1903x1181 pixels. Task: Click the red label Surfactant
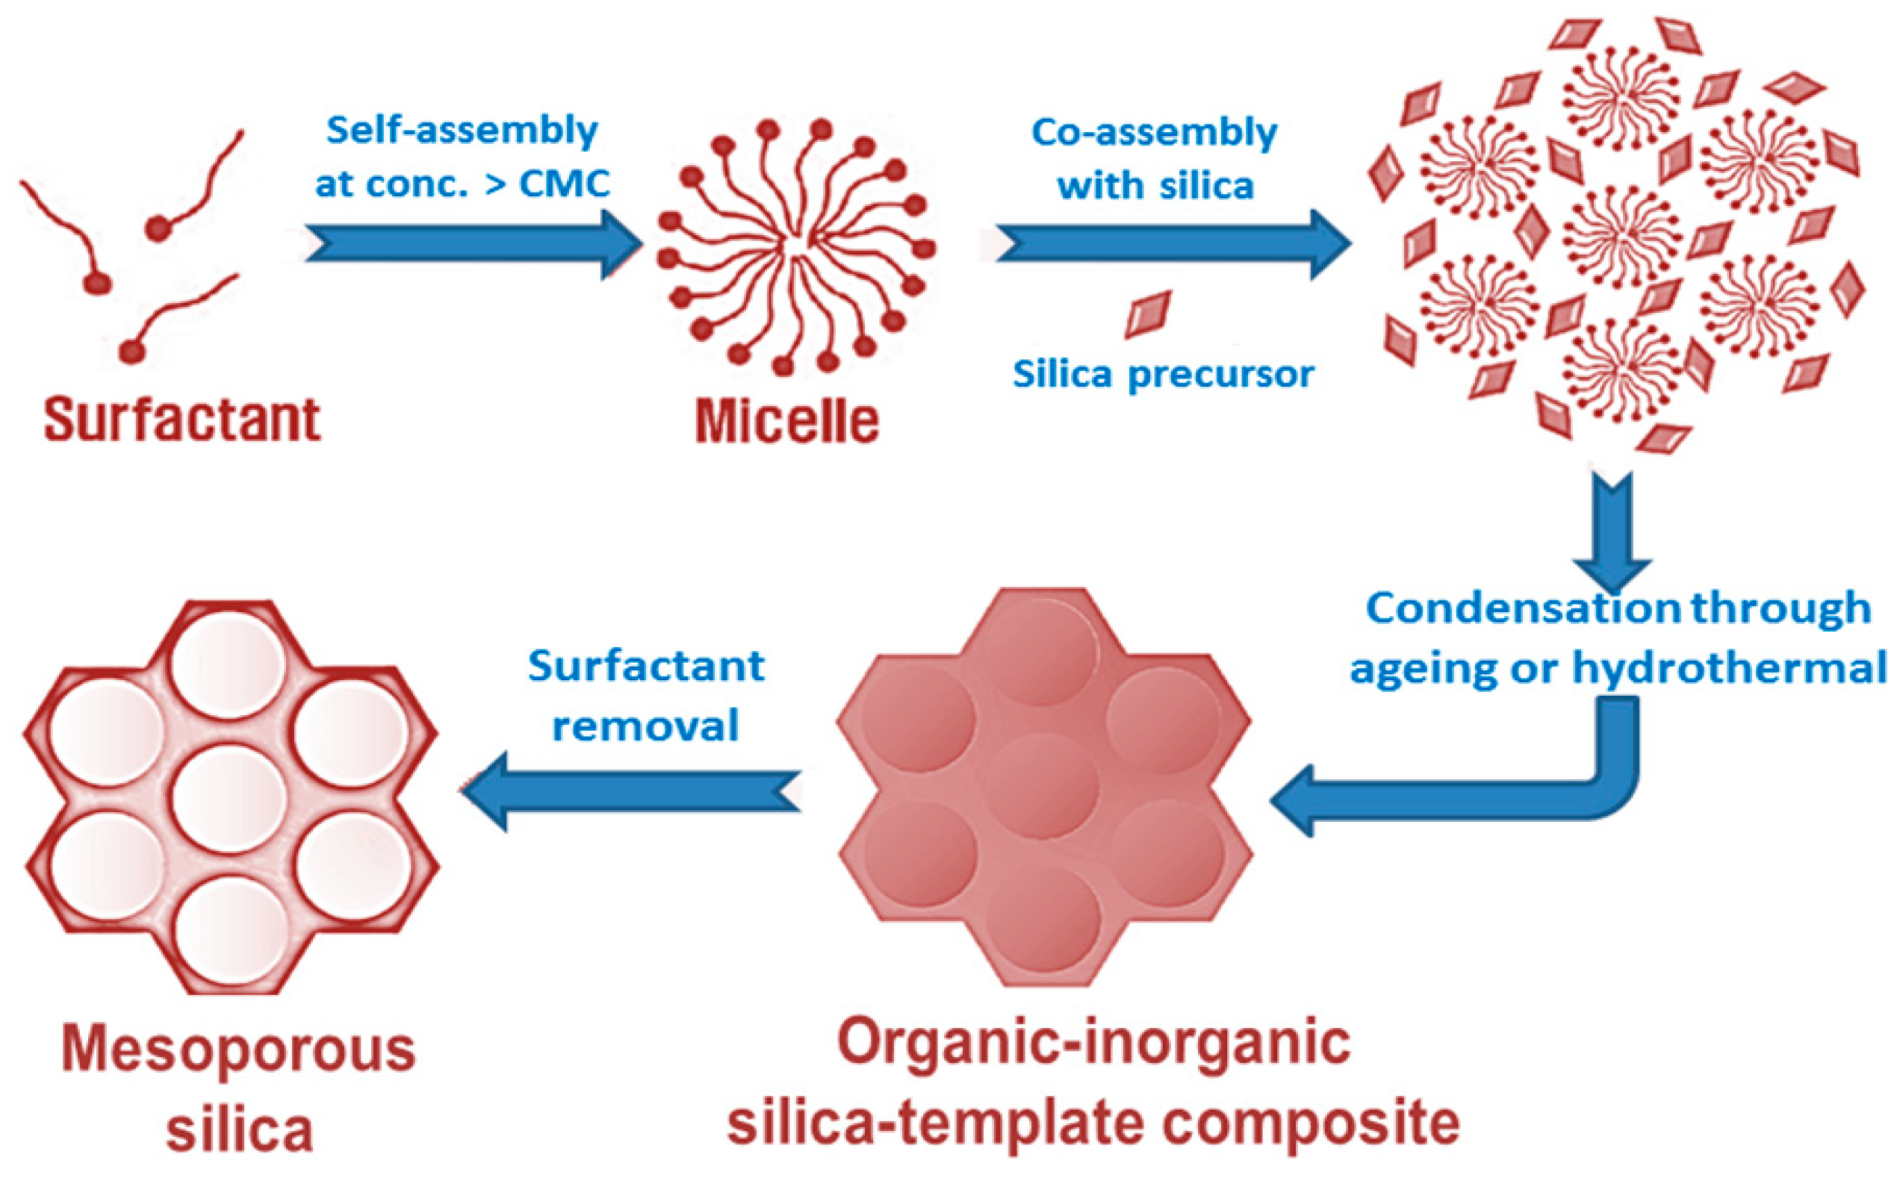coord(182,420)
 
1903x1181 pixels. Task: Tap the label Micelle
coord(786,423)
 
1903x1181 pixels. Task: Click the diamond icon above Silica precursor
coord(1148,315)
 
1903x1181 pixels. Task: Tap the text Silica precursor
coord(1163,375)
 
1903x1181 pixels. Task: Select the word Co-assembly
coord(1154,133)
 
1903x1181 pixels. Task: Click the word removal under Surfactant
coord(645,726)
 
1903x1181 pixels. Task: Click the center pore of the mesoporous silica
coord(229,798)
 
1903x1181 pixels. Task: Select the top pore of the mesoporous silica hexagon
coord(228,664)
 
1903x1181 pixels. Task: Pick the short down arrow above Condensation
coord(1612,531)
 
